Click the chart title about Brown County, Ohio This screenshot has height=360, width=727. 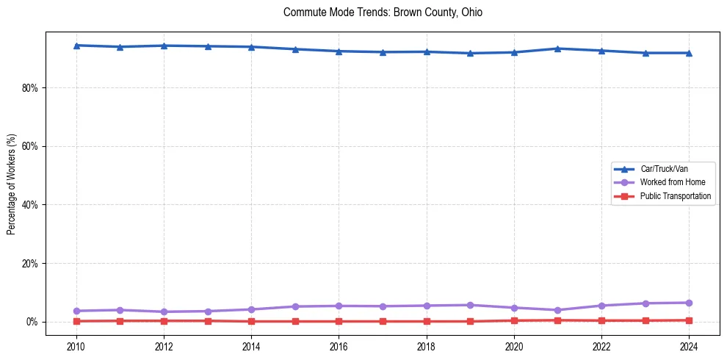(x=383, y=12)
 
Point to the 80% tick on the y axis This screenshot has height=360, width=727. (x=30, y=87)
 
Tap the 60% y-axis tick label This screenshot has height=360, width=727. (x=30, y=146)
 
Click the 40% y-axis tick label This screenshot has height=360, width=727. (x=30, y=204)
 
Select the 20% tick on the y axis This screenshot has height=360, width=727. (x=30, y=263)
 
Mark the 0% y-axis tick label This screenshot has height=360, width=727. (x=32, y=322)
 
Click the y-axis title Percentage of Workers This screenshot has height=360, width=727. (x=12, y=184)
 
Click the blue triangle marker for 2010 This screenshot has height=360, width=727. (x=76, y=46)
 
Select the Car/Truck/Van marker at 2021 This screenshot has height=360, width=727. (x=557, y=48)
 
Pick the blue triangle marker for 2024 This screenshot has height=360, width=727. (x=689, y=53)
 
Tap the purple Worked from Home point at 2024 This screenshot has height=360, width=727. (x=689, y=303)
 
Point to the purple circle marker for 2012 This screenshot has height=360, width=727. (x=164, y=312)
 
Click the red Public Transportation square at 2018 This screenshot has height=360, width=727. (x=427, y=321)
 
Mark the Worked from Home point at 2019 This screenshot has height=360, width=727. (x=470, y=305)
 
